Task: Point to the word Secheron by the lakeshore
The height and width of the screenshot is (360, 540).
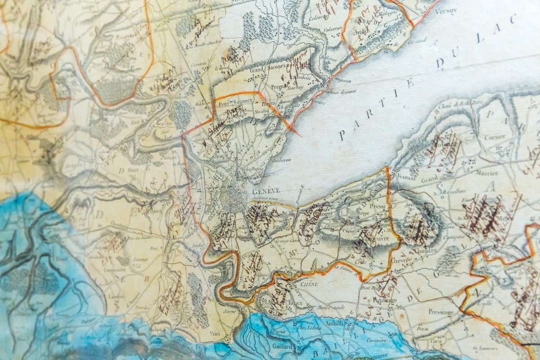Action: (x=281, y=159)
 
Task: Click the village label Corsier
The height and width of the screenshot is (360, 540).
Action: (x=495, y=137)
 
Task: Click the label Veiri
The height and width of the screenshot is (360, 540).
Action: (x=214, y=333)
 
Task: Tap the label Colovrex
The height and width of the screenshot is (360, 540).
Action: (x=315, y=18)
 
